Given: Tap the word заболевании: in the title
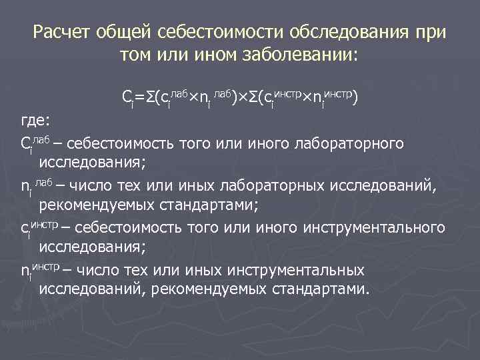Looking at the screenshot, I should [307, 55].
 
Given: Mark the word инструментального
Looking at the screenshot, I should [375, 229].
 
